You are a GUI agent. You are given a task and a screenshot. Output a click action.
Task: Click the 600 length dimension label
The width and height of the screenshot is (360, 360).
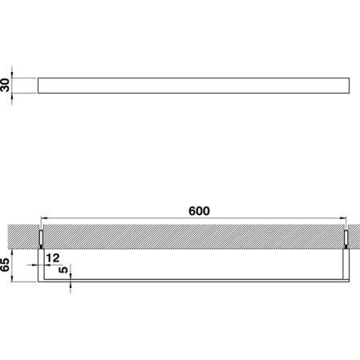pos(199,211)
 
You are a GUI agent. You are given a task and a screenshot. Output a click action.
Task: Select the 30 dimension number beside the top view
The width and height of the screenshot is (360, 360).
pos(5,85)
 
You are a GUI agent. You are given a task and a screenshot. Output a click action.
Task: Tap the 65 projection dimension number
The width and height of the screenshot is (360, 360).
pos(5,265)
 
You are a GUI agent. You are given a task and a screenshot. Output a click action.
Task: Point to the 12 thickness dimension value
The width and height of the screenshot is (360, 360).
pos(53,258)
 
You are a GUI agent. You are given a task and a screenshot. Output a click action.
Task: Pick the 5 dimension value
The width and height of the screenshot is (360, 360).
pos(63,270)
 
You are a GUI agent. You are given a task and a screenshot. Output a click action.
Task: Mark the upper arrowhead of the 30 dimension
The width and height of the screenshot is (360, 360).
pos(12,74)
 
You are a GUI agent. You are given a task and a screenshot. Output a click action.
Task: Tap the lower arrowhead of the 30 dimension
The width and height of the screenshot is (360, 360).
pos(12,97)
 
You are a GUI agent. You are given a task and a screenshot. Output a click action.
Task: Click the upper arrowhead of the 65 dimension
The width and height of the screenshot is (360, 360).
pos(12,253)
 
